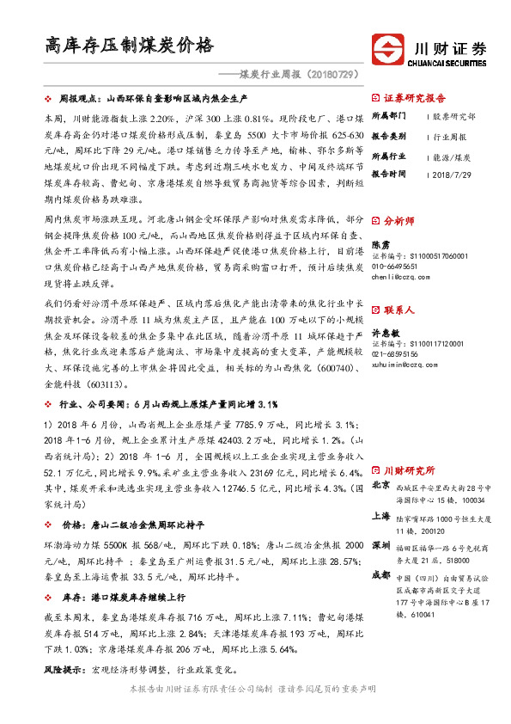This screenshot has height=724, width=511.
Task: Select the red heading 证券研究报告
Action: (x=415, y=98)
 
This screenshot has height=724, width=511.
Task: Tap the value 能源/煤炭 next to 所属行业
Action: (x=453, y=157)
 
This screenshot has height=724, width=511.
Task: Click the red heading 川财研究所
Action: (x=410, y=470)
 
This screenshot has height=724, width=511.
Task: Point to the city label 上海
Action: (x=381, y=517)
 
